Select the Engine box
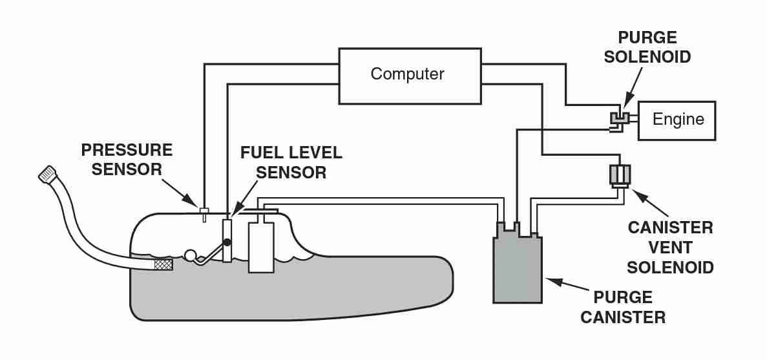[677, 120]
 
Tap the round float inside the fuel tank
[191, 256]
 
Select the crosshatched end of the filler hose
[163, 264]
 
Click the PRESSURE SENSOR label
[127, 159]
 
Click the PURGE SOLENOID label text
[653, 47]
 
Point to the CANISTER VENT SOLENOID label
[670, 247]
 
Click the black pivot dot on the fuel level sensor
[227, 242]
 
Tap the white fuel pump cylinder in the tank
[262, 247]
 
